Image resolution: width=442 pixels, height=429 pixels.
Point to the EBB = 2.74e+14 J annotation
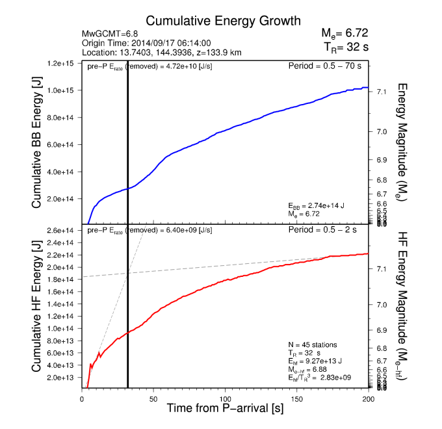coord(317,205)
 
